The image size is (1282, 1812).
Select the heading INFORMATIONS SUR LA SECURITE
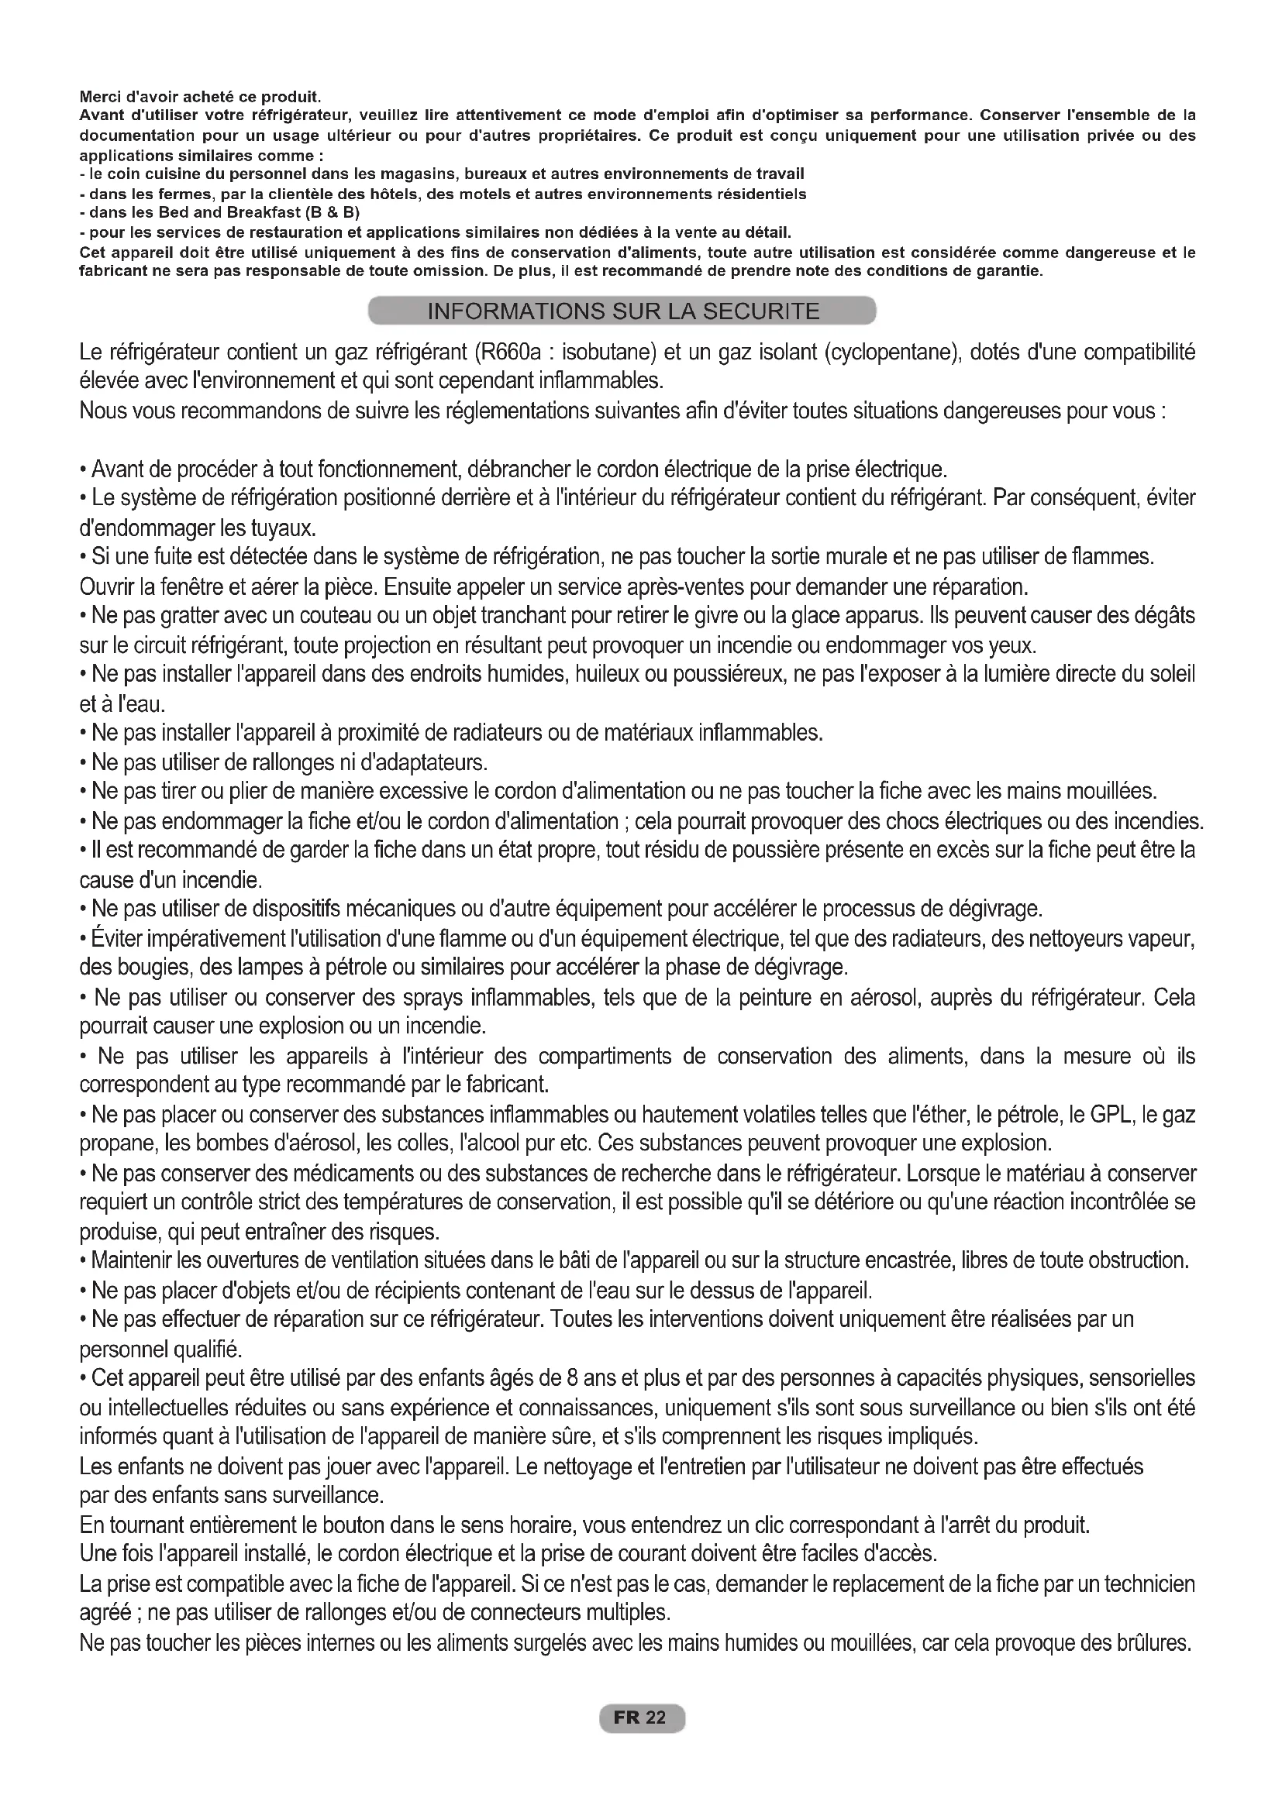[623, 311]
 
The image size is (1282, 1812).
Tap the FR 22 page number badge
[642, 1718]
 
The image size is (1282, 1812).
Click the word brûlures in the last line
[1153, 1644]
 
